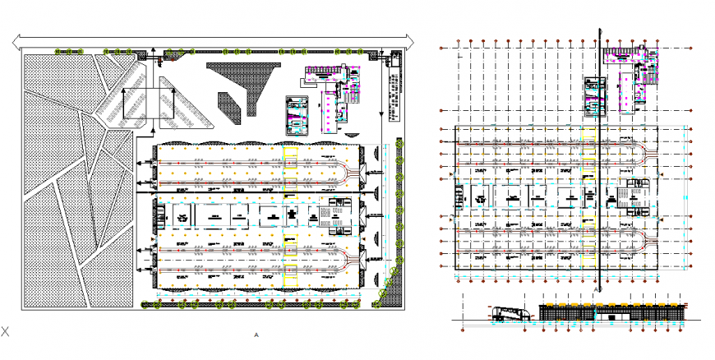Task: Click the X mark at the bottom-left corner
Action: coord(5,331)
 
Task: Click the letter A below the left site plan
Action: coord(256,335)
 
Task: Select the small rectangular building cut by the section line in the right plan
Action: coord(595,95)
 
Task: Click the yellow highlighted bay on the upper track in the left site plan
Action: coord(289,159)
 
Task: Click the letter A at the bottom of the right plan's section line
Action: coord(595,290)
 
